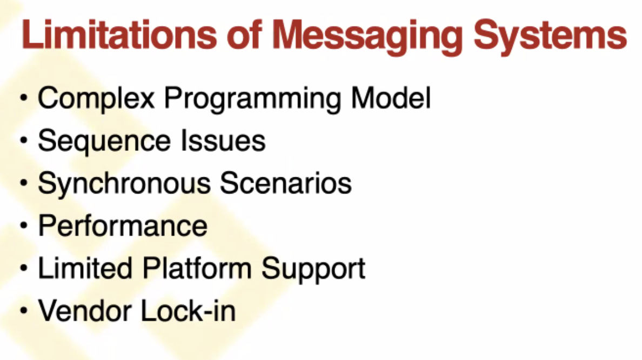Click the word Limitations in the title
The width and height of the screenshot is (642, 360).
click(x=119, y=35)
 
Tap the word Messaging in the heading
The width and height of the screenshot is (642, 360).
click(x=367, y=37)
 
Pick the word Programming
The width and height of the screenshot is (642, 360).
click(x=252, y=99)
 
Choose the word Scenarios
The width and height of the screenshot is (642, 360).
click(x=286, y=183)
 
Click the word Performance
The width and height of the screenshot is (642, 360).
click(x=123, y=225)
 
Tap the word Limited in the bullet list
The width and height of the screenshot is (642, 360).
click(x=85, y=268)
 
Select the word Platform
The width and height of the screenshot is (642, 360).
click(x=197, y=268)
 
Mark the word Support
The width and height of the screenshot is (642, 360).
click(x=313, y=270)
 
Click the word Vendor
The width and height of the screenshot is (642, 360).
click(x=85, y=311)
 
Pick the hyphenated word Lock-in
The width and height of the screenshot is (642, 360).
click(x=189, y=311)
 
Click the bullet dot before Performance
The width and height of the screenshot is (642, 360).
click(x=24, y=225)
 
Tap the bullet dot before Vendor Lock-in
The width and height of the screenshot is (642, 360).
click(x=24, y=311)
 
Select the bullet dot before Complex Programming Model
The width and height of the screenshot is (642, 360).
click(x=24, y=98)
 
